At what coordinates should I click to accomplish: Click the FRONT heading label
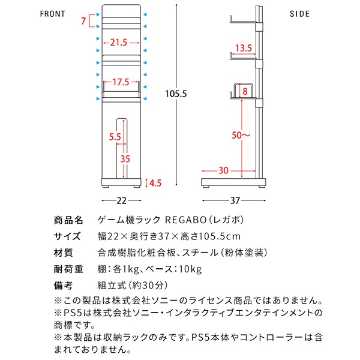coord(58,13)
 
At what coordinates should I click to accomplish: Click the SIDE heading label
coord(300,13)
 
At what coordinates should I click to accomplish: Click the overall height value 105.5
coord(177,93)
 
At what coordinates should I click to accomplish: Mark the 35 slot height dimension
coord(124,159)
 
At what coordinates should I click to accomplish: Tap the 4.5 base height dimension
coord(155,182)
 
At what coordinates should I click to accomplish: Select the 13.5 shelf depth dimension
coord(243,49)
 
